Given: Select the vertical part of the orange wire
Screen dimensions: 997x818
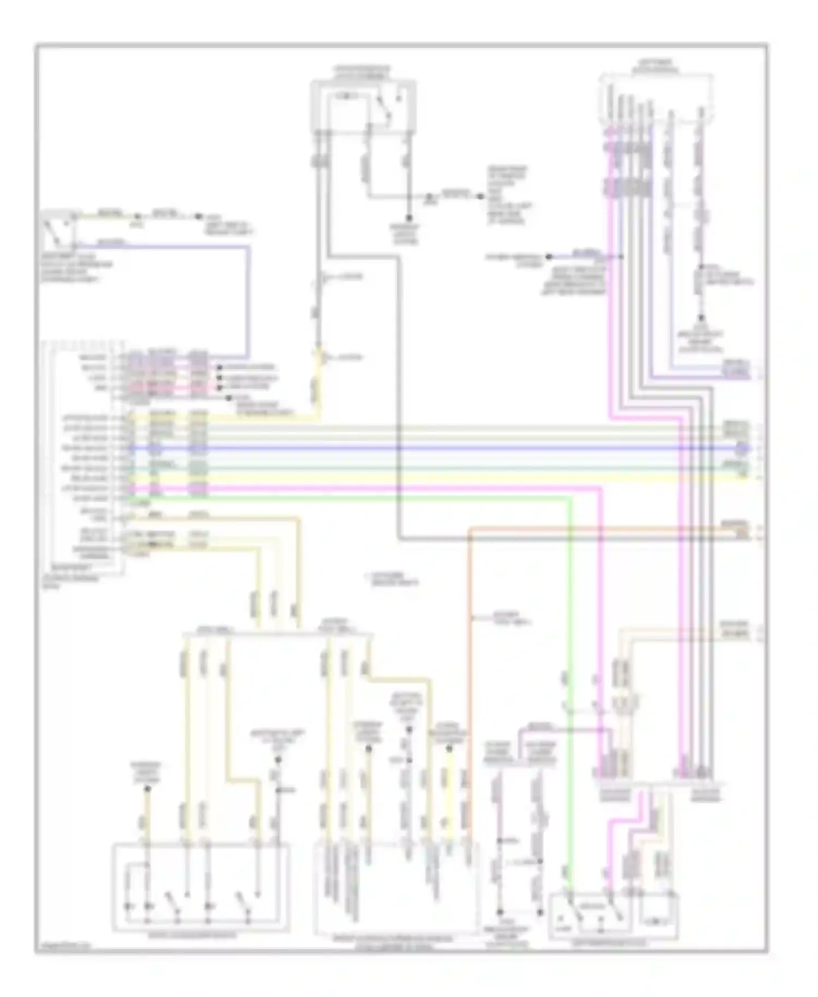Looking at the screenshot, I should click(x=470, y=627).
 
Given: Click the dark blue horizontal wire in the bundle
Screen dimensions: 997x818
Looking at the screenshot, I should click(x=436, y=448).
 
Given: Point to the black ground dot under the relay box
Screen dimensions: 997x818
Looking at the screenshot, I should click(x=408, y=217).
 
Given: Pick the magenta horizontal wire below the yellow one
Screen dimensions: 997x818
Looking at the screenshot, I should click(x=436, y=487).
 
